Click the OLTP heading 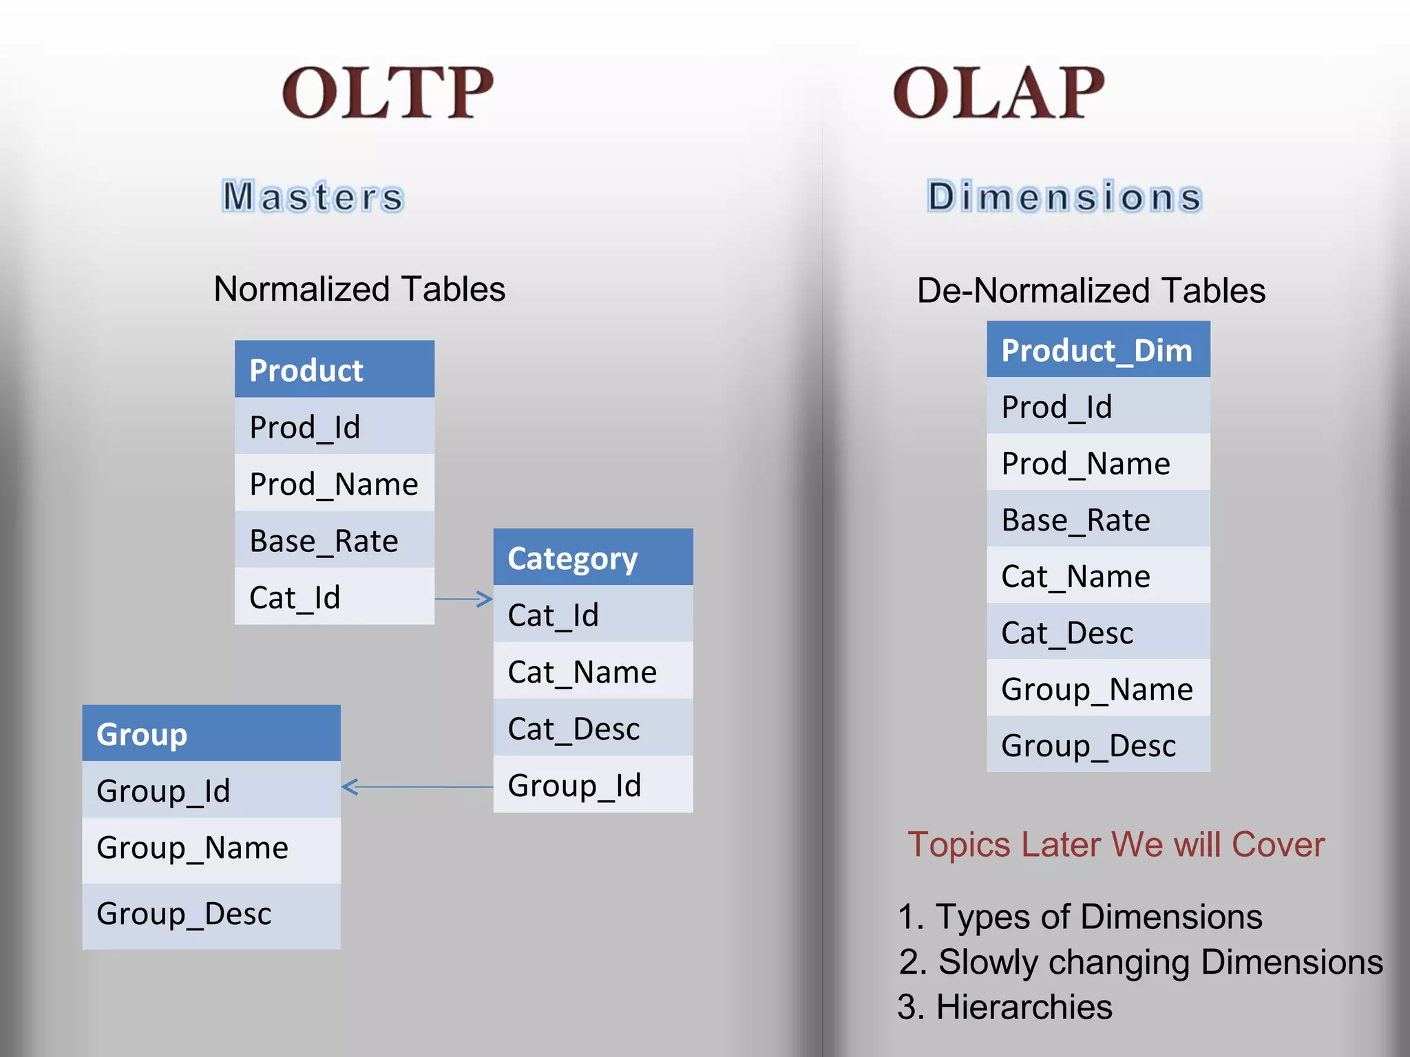(388, 93)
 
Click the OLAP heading (998, 93)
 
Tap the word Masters (313, 196)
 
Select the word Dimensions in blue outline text (1064, 196)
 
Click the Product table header (334, 370)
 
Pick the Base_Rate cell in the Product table (334, 540)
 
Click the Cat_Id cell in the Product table (334, 597)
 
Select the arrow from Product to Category (463, 599)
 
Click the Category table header (593, 557)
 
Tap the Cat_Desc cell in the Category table (593, 728)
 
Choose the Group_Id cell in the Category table (593, 784)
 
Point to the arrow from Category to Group (417, 787)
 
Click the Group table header (211, 734)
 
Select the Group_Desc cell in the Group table (211, 914)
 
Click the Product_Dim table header (1098, 350)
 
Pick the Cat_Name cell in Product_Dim (1098, 576)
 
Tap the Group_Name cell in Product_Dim (1098, 689)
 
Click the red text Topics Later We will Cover (1115, 844)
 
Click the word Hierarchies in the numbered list (1024, 1007)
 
